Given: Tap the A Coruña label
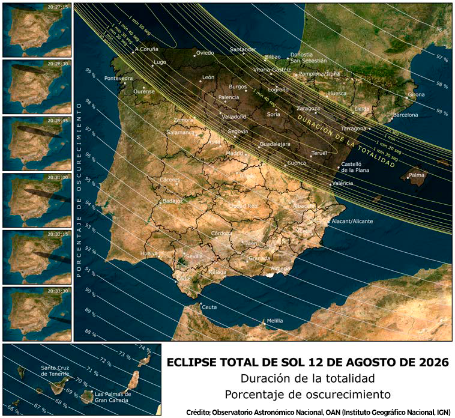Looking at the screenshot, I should click(x=146, y=49).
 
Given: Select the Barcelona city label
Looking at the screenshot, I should click(x=405, y=115).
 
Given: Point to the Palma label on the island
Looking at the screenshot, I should click(x=416, y=175).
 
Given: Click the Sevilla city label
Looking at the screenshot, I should click(x=194, y=256).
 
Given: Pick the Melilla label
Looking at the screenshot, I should click(x=275, y=321).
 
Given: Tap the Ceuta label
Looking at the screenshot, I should click(x=209, y=307).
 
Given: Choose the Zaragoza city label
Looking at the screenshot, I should click(x=309, y=108).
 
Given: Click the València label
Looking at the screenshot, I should click(x=342, y=183).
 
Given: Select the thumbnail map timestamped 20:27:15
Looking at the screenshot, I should click(x=36, y=29).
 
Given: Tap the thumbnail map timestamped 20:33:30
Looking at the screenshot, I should click(x=36, y=313).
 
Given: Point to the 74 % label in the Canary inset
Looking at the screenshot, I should click(x=144, y=348).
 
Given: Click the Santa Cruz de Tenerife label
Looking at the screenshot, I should click(x=56, y=371).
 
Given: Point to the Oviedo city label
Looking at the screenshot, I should click(x=205, y=53).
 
